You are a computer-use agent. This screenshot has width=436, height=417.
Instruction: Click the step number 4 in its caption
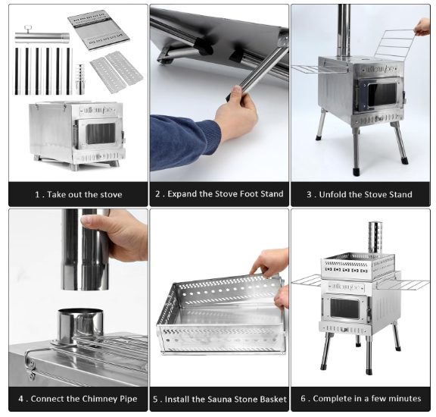[21, 399]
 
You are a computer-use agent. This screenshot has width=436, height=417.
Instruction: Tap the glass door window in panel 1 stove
[101, 133]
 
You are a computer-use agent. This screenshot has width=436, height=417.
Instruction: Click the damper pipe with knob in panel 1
[42, 36]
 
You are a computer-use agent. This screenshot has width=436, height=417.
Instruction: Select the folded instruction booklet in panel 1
[98, 30]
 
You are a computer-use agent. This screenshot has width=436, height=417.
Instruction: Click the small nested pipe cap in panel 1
[80, 80]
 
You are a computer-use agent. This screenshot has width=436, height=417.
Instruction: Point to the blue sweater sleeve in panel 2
[183, 142]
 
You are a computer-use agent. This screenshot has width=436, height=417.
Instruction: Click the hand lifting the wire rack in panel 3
[422, 27]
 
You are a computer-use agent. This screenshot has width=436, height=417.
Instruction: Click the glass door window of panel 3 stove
[381, 95]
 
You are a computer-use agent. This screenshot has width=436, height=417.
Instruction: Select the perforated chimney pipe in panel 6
[375, 237]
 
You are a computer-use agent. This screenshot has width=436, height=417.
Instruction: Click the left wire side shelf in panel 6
[307, 281]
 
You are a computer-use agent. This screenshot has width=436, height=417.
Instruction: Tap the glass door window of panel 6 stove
[345, 309]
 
